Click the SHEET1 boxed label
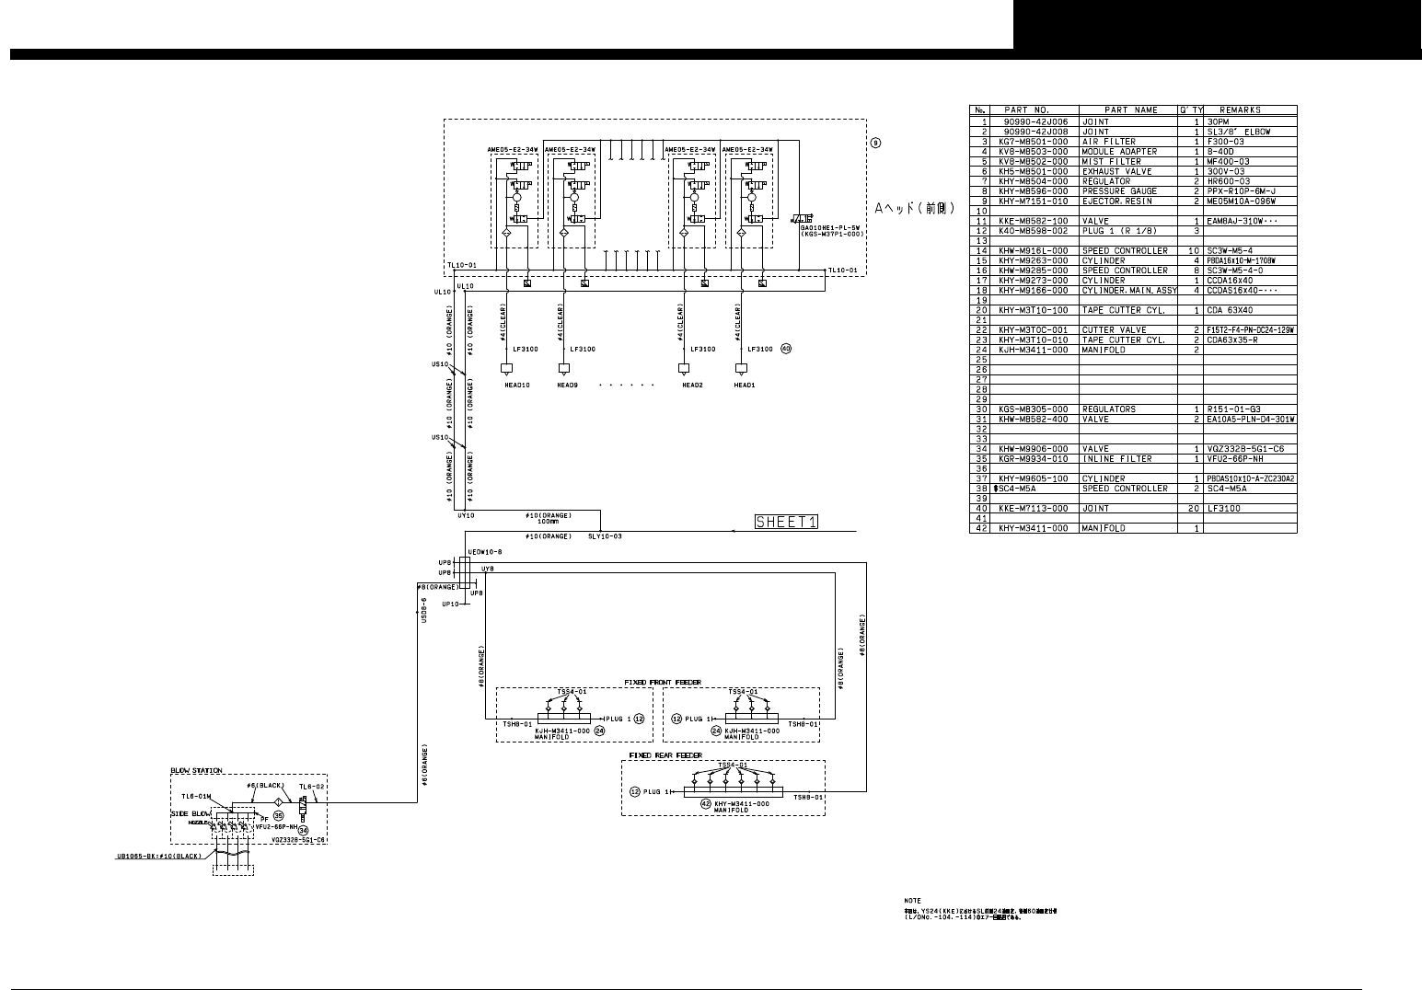tap(786, 522)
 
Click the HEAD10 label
tap(517, 385)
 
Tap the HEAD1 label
tap(745, 385)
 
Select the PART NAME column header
tap(1131, 110)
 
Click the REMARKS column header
tap(1240, 110)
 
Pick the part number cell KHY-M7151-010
tap(1034, 201)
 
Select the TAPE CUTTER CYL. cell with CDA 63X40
tap(1123, 310)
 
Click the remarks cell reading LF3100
tap(1224, 508)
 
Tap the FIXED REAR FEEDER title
tap(665, 755)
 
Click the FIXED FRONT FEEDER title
tap(663, 682)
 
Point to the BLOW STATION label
tap(196, 771)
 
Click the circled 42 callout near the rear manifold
tap(706, 803)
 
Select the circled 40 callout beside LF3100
tap(785, 349)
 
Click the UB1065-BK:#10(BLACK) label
tap(158, 856)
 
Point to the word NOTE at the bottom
tap(913, 901)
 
